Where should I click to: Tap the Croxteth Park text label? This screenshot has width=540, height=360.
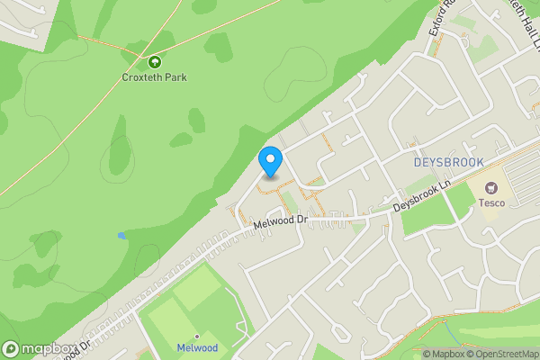154,77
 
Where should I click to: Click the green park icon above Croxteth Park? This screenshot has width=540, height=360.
154,62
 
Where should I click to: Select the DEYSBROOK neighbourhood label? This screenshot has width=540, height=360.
448,162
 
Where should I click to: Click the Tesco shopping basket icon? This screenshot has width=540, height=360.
491,188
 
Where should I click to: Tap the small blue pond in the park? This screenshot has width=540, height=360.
121,236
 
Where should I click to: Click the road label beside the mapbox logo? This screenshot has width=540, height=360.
81,346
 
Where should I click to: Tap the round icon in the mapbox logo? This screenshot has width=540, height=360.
11,348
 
